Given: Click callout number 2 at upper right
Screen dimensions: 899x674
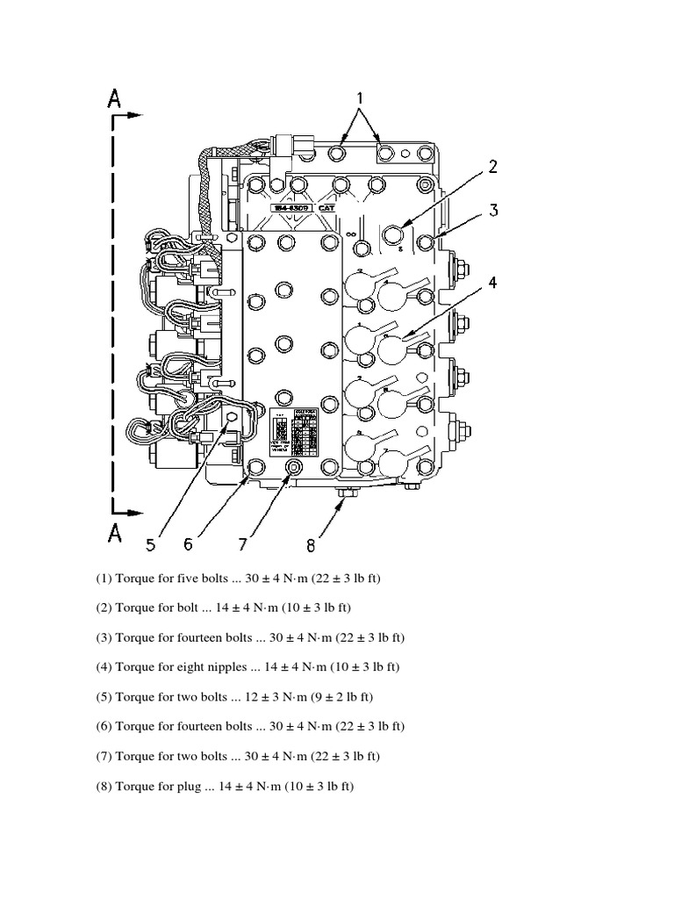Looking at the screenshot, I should point(493,166).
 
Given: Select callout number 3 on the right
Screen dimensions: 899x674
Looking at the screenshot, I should point(494,210).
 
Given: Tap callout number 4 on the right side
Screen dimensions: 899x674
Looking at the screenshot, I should point(493,283).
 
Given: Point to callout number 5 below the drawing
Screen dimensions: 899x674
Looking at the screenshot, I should point(150,545).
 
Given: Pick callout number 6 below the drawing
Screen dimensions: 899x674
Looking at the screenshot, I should point(188,545).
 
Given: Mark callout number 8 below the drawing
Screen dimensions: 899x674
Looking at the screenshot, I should point(310,545).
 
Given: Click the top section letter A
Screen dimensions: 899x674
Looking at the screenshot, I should point(114,98).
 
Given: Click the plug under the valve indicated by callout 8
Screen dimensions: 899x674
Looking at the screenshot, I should point(342,497).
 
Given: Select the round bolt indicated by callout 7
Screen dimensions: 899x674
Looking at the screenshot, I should point(292,467).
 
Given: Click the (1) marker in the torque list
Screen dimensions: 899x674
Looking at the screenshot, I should point(104,578).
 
